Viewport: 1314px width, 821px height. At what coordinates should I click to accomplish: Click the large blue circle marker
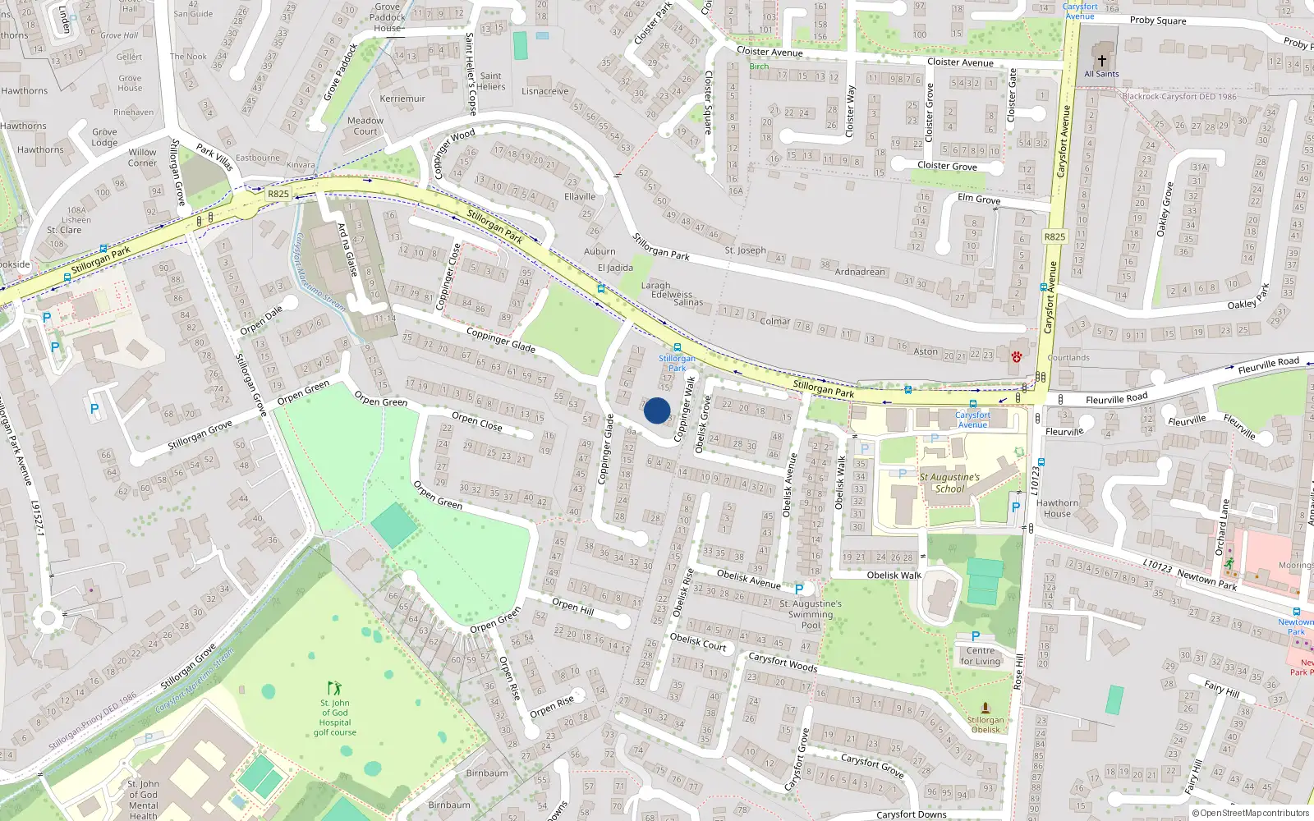pyautogui.click(x=657, y=410)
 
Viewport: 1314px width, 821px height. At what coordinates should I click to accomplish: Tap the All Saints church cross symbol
pyautogui.click(x=1102, y=61)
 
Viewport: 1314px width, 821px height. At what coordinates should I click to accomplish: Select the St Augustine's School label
pyautogui.click(x=949, y=483)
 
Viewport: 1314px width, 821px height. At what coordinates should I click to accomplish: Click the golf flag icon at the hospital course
pyautogui.click(x=333, y=688)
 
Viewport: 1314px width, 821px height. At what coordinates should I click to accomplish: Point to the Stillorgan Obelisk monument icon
pyautogui.click(x=985, y=708)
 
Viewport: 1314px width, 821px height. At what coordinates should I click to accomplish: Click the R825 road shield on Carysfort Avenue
pyautogui.click(x=1054, y=236)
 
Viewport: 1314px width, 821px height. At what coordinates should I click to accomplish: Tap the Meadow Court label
pyautogui.click(x=365, y=126)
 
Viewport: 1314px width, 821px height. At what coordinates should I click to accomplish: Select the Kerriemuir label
pyautogui.click(x=402, y=99)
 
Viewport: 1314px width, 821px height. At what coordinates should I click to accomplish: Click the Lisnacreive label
pyautogui.click(x=544, y=91)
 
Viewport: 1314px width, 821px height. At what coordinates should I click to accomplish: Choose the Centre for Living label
pyautogui.click(x=981, y=656)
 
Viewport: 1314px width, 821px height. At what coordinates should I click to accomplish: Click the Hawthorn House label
pyautogui.click(x=1057, y=508)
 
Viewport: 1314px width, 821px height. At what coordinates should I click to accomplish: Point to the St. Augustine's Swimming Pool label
pyautogui.click(x=811, y=614)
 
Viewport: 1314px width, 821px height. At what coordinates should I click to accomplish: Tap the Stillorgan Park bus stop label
pyautogui.click(x=677, y=363)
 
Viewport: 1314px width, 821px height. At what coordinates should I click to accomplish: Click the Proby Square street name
pyautogui.click(x=1158, y=21)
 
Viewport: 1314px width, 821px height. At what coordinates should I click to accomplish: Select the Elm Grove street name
pyautogui.click(x=979, y=199)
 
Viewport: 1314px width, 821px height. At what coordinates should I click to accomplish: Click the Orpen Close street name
pyautogui.click(x=476, y=422)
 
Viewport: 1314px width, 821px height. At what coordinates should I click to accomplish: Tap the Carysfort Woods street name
pyautogui.click(x=783, y=662)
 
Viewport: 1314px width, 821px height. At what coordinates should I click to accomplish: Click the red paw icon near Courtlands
pyautogui.click(x=1017, y=357)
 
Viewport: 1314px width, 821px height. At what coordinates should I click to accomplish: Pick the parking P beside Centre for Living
pyautogui.click(x=976, y=636)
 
